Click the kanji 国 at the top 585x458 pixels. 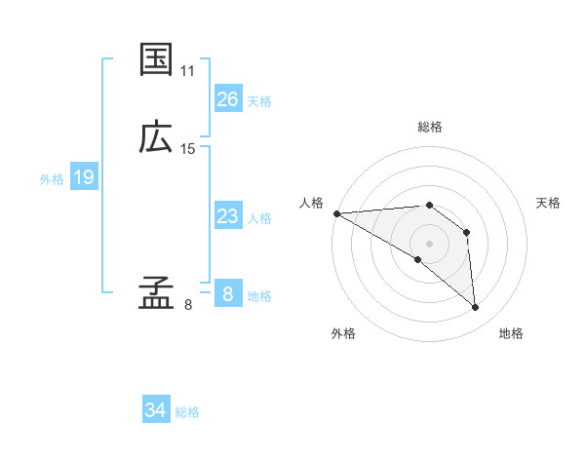point(157,60)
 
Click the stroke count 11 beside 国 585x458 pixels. point(188,72)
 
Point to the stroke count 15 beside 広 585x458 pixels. point(188,149)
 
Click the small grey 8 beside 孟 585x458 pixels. point(188,305)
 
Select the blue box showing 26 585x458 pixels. point(228,99)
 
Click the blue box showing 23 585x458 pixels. point(228,216)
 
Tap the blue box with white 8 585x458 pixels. point(228,294)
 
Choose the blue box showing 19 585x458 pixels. point(84,177)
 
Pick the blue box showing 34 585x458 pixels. point(156,411)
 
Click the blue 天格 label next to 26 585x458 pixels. point(259,101)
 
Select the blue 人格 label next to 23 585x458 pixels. point(259,218)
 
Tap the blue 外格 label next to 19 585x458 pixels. point(52,179)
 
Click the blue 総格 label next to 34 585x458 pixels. point(187,413)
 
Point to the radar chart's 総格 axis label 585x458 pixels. point(430,127)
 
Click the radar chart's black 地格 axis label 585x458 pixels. point(511,333)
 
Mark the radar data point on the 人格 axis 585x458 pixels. point(336,213)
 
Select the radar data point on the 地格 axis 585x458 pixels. point(476,308)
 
